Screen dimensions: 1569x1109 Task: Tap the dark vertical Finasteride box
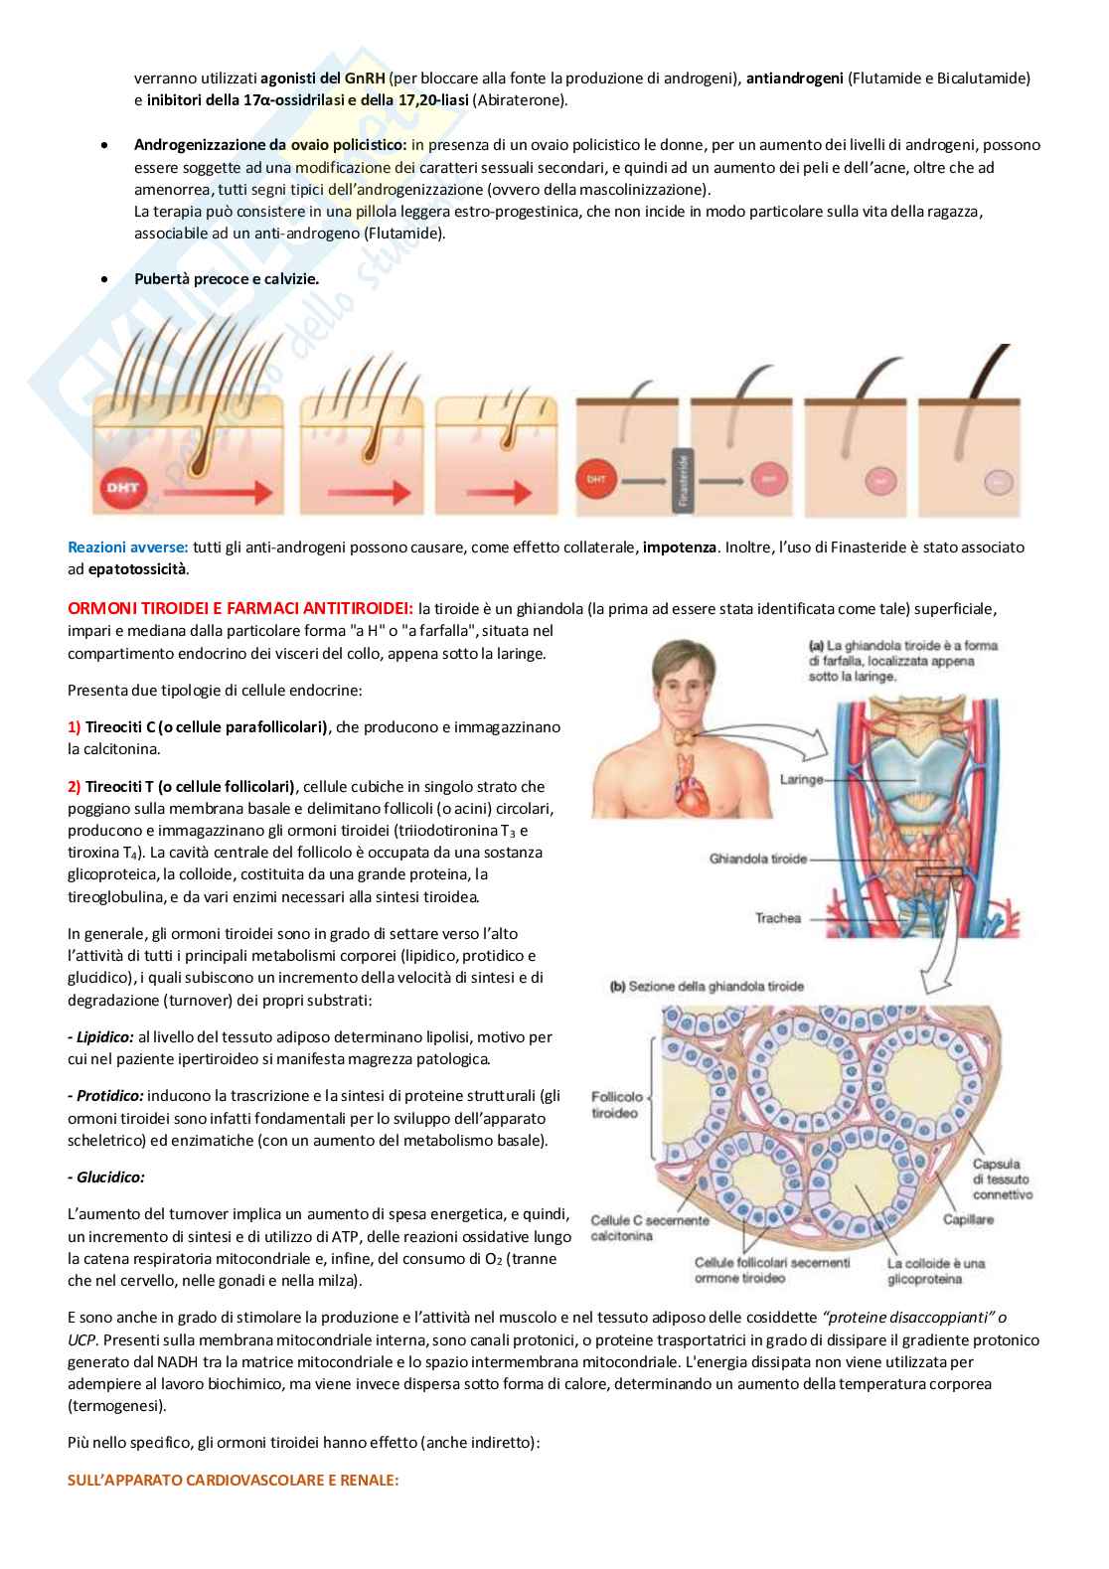pos(682,480)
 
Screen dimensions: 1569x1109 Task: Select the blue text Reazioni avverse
pos(127,548)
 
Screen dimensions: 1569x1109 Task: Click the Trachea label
pos(777,918)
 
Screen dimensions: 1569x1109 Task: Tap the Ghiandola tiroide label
pos(758,859)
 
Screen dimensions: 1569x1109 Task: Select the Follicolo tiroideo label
pos(616,1105)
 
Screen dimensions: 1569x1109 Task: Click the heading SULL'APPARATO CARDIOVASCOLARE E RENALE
pos(233,1480)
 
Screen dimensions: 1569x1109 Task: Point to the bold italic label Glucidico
pos(106,1177)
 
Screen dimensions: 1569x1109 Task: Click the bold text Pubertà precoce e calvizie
pos(227,279)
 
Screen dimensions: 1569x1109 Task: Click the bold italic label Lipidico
pos(99,1037)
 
